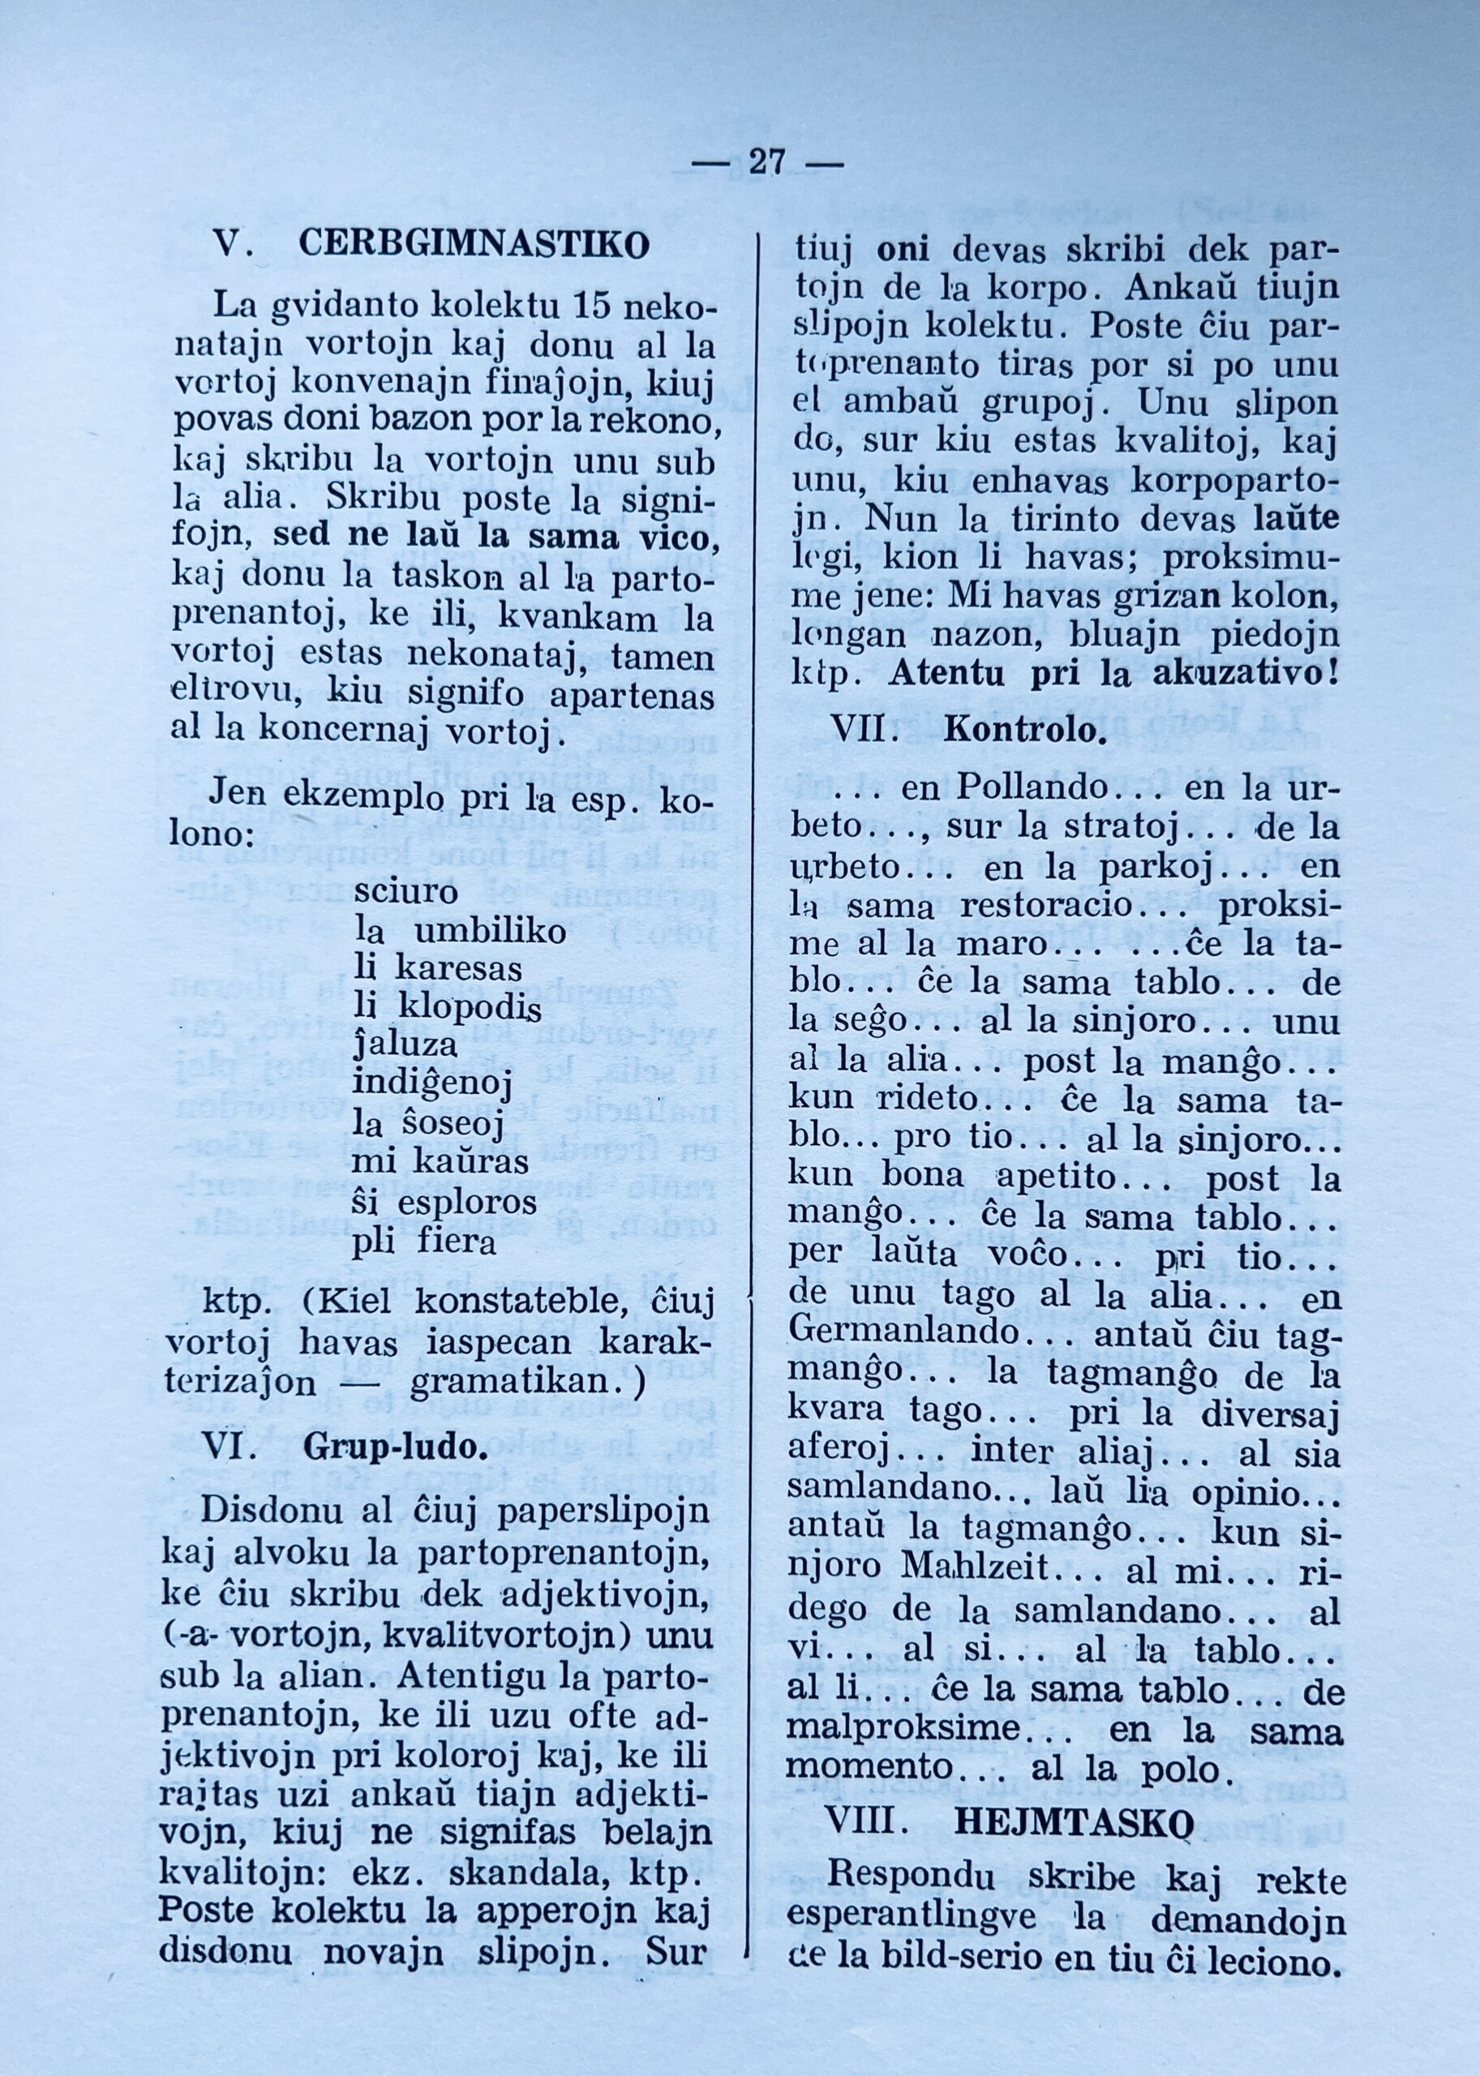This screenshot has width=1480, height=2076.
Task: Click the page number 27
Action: [x=766, y=163]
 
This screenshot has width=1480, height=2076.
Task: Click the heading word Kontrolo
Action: [x=1025, y=730]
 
